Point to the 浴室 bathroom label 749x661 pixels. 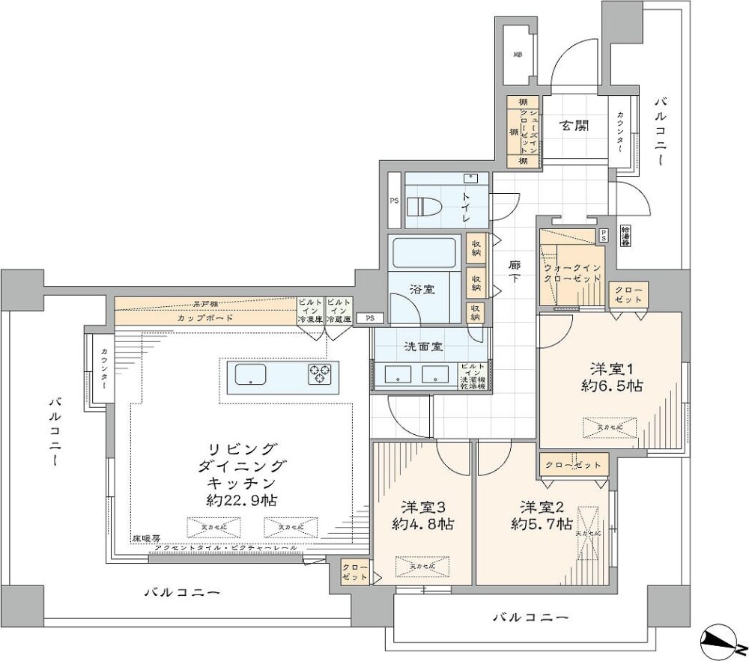[422, 288]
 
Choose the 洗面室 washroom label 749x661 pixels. [423, 347]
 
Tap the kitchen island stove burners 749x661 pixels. [323, 374]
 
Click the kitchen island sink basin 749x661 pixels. [256, 374]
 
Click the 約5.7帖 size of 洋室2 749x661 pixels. [542, 523]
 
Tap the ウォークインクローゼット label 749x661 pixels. [573, 272]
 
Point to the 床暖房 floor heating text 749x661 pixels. [147, 538]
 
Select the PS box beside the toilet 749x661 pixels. [394, 201]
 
